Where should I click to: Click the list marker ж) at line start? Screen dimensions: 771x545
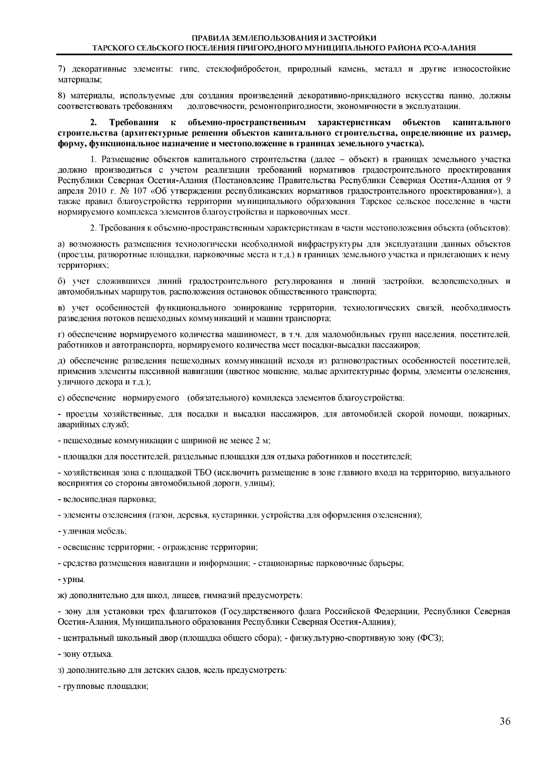(63, 595)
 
